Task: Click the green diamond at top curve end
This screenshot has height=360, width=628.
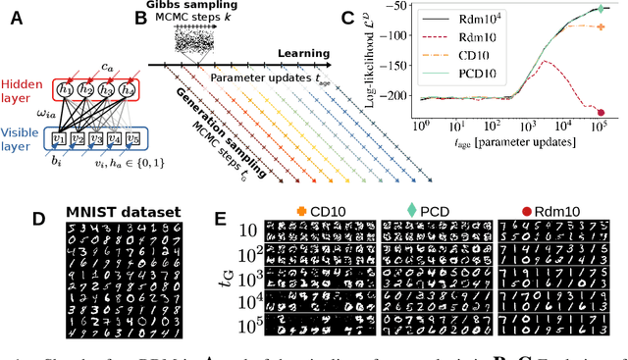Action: click(x=601, y=9)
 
